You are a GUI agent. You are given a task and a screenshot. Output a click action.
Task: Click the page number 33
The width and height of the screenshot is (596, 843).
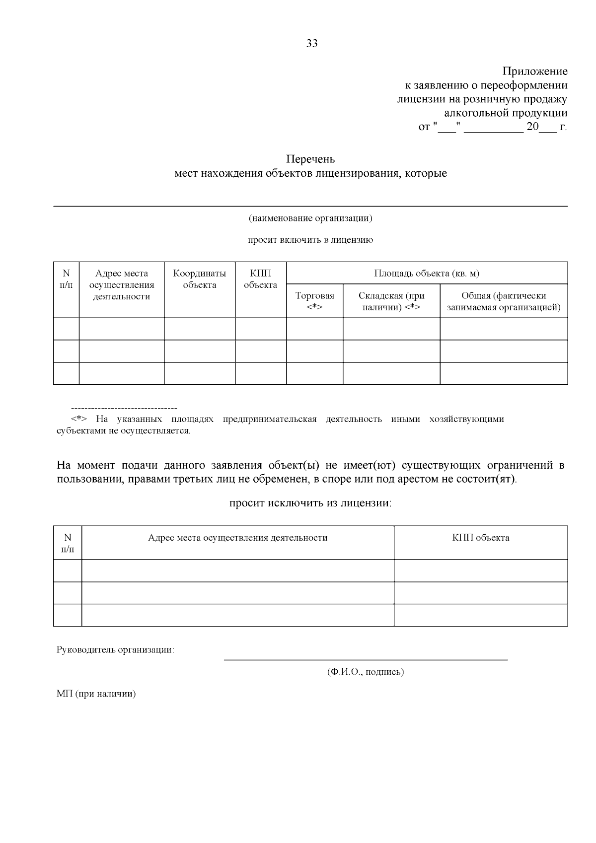click(312, 44)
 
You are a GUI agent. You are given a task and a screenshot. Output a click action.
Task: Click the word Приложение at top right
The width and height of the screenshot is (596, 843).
click(535, 71)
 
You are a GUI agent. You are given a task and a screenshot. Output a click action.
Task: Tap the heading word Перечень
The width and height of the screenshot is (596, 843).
click(310, 159)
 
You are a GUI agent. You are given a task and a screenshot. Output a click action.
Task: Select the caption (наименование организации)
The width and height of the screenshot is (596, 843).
click(310, 218)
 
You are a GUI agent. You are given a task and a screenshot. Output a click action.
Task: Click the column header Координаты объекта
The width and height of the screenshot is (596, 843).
click(199, 279)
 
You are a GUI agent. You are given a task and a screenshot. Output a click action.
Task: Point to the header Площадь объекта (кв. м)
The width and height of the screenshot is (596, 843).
click(427, 273)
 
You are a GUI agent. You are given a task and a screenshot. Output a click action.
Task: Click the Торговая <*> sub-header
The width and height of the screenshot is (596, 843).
click(314, 301)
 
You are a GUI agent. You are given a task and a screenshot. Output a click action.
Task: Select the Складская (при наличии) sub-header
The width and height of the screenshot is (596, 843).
click(391, 301)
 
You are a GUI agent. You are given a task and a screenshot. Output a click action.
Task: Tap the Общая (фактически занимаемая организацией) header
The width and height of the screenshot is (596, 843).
click(504, 301)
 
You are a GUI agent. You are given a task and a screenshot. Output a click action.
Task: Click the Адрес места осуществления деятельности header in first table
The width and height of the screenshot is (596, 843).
click(122, 285)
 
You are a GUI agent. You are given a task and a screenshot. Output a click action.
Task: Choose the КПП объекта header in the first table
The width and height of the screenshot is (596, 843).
click(260, 279)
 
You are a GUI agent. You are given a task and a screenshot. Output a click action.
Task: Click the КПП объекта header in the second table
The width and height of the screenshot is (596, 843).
click(480, 538)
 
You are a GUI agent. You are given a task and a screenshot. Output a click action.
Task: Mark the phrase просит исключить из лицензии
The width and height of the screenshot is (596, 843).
click(310, 503)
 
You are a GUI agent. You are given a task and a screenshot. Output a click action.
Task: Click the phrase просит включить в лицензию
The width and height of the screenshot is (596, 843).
click(310, 240)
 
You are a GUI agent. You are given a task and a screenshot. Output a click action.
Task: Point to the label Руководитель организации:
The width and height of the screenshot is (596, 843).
click(115, 649)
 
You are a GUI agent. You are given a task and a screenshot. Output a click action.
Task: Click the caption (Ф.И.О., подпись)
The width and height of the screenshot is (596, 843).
click(366, 672)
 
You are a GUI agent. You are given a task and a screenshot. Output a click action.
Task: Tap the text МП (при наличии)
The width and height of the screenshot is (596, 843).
click(96, 694)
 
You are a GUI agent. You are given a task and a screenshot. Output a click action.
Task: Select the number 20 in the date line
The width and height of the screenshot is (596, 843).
click(532, 127)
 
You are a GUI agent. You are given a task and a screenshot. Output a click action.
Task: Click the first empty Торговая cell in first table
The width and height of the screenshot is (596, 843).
click(314, 329)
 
